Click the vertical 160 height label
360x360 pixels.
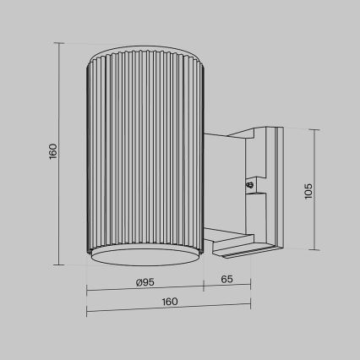point(52,151)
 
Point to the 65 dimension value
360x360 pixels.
point(226,279)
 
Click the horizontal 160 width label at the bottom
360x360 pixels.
point(169,302)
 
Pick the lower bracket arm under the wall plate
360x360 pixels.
point(240,244)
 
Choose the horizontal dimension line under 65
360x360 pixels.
point(226,290)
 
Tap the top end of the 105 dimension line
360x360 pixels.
point(315,129)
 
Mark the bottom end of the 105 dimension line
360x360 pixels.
point(315,250)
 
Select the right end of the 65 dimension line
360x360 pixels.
point(251,290)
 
